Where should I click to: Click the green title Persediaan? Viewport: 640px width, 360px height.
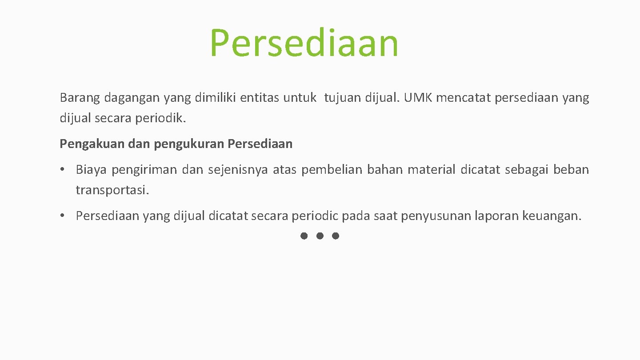click(x=304, y=43)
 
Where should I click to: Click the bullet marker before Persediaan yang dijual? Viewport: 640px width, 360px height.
click(x=64, y=216)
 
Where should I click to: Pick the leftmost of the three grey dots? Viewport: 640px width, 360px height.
click(x=304, y=236)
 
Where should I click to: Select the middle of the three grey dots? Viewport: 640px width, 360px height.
click(x=320, y=236)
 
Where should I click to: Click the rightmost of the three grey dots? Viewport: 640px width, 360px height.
click(x=336, y=236)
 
